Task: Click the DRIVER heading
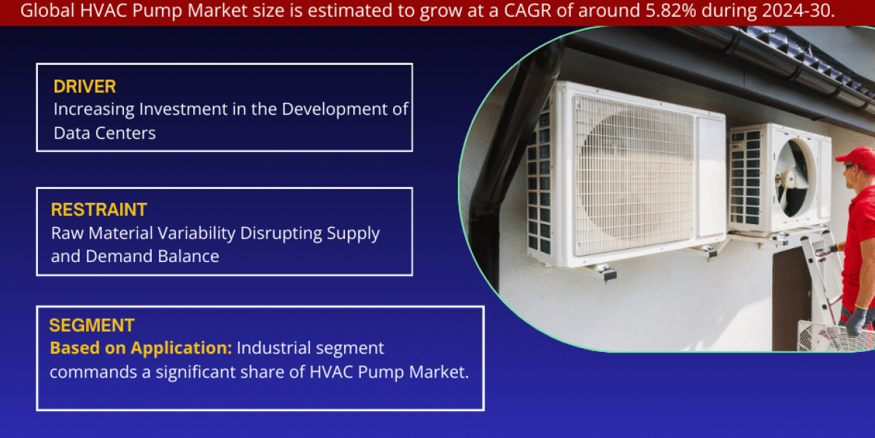[x=85, y=86]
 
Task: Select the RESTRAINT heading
[x=98, y=210]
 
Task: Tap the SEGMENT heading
[x=91, y=326]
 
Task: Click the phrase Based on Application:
[x=141, y=348]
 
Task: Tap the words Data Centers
[x=105, y=133]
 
